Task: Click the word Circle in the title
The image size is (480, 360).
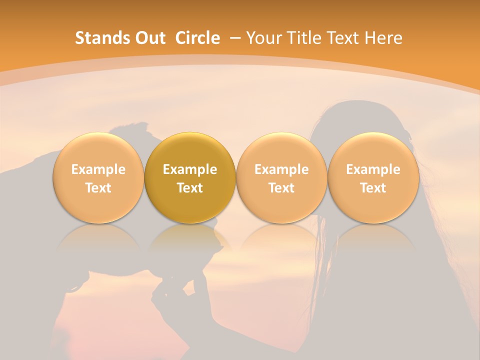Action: [197, 38]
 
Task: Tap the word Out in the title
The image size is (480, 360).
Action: [149, 38]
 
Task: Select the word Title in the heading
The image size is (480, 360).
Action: [305, 38]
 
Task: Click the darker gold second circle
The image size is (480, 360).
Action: [190, 178]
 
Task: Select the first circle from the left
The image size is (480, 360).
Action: [98, 178]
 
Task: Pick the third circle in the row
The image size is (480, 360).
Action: [281, 178]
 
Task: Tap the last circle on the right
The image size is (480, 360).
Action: [373, 178]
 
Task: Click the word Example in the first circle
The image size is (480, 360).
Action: [98, 169]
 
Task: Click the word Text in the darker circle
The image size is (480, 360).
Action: [190, 188]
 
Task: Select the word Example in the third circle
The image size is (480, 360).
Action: [281, 169]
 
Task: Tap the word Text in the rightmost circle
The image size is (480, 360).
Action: [373, 188]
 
